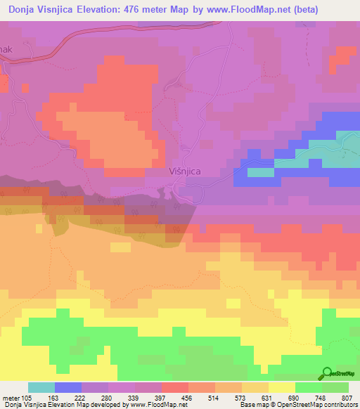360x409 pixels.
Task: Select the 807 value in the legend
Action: pos(347,398)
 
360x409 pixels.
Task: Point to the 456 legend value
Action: pos(187,398)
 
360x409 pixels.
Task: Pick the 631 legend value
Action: pos(268,398)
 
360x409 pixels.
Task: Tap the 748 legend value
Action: pos(321,398)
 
